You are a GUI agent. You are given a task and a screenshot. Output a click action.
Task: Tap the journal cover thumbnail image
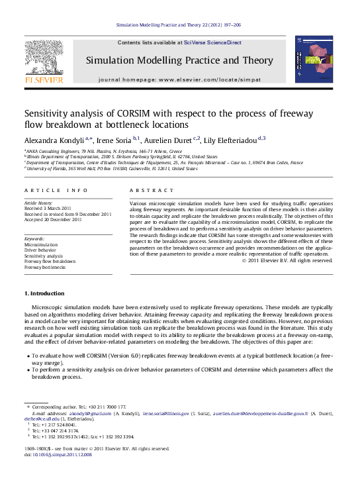click(x=310, y=60)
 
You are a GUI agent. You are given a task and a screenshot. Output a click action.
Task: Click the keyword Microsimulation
click(x=41, y=244)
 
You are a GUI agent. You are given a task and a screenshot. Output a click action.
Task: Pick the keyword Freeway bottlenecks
click(x=45, y=267)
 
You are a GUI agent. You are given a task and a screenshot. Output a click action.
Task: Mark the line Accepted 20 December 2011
click(x=53, y=220)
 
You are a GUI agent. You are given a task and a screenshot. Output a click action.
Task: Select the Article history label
click(x=38, y=203)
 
